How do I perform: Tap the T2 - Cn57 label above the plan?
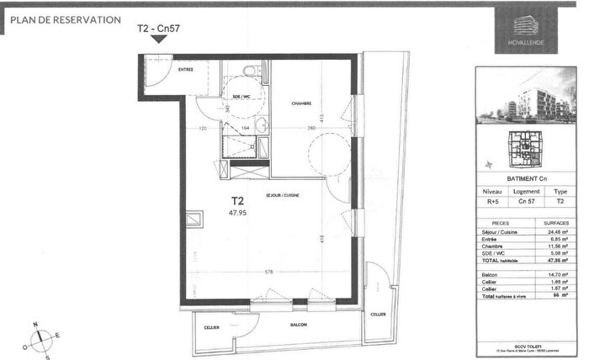pyautogui.click(x=157, y=29)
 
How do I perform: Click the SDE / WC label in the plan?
pyautogui.click(x=241, y=97)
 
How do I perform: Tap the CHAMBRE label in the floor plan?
pyautogui.click(x=302, y=103)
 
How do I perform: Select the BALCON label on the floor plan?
pyautogui.click(x=296, y=326)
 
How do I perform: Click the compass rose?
pyautogui.click(x=39, y=340)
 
